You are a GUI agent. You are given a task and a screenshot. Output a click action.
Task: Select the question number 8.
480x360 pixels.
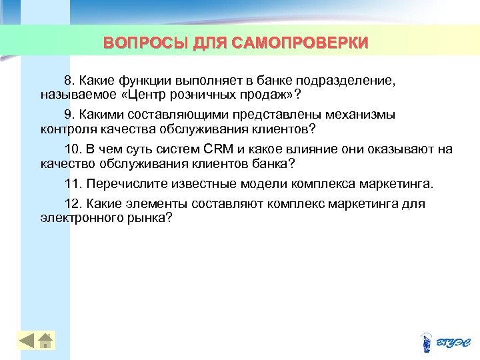coord(68,80)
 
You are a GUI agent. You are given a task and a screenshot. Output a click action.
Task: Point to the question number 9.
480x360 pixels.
coord(68,115)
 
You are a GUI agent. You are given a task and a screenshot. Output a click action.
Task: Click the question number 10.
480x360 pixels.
coord(71,149)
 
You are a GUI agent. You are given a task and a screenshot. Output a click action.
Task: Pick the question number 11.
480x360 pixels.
coord(71,184)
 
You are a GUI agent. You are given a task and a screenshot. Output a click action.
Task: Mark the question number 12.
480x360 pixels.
coord(71,204)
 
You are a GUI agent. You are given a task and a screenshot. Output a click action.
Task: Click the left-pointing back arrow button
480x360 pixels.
coord(27,341)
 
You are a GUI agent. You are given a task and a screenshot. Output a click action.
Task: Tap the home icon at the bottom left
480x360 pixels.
coord(45,341)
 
